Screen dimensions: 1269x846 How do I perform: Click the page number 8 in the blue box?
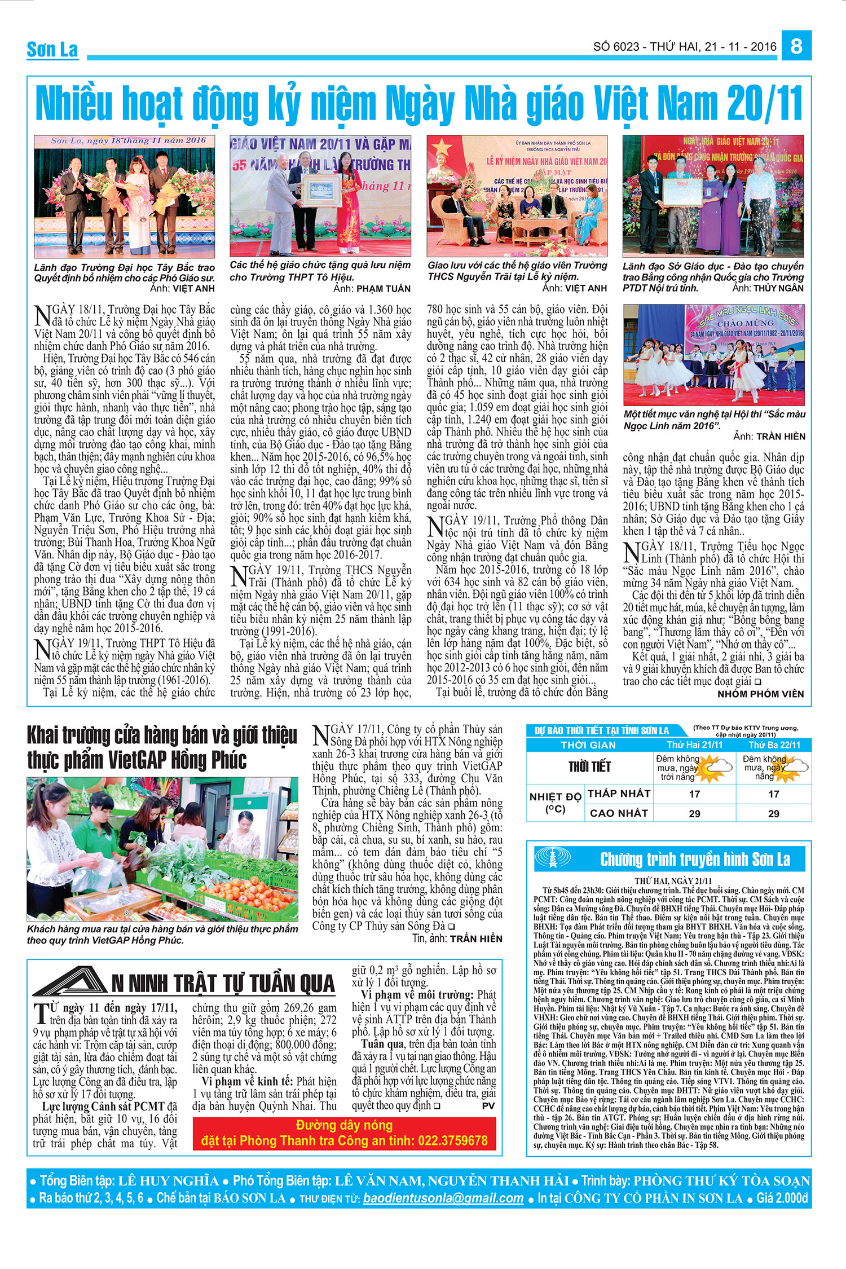click(x=796, y=46)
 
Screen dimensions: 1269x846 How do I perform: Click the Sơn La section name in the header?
click(x=52, y=50)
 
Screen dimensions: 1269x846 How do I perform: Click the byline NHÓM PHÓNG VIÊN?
click(x=760, y=694)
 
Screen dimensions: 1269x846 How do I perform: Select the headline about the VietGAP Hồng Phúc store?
click(x=162, y=748)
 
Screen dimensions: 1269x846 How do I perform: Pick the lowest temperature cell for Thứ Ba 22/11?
click(x=773, y=794)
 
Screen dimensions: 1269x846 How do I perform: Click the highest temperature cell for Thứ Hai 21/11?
click(x=694, y=813)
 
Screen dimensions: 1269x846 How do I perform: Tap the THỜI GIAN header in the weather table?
click(x=588, y=745)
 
